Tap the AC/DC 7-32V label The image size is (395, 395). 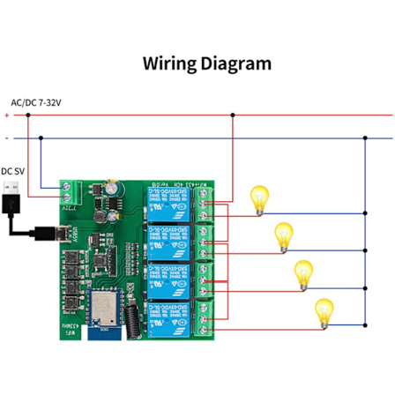click(x=35, y=103)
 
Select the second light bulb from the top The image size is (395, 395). click(x=282, y=235)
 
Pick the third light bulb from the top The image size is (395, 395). click(x=304, y=272)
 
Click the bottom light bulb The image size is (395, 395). click(x=324, y=311)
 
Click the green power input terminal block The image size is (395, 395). click(x=68, y=191)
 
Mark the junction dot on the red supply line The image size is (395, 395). click(x=232, y=115)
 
